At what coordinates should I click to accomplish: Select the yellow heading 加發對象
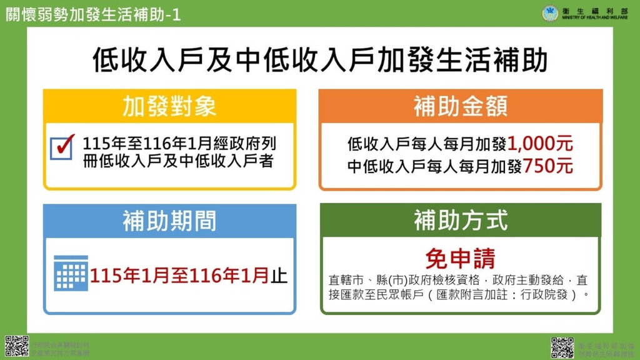tap(169, 106)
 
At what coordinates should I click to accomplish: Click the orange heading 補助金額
tap(460, 106)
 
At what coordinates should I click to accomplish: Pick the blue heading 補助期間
tap(169, 221)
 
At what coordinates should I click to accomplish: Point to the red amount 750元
tap(548, 166)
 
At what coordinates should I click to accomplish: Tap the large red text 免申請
tap(460, 257)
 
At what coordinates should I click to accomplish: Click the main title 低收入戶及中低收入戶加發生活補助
tap(319, 61)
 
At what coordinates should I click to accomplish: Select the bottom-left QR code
tap(17, 346)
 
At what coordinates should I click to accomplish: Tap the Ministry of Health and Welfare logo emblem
tap(551, 12)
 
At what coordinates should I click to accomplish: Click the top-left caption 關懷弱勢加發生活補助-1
tap(93, 15)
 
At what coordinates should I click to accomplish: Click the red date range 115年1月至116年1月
tap(180, 275)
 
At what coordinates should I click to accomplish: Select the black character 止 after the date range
tap(279, 275)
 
